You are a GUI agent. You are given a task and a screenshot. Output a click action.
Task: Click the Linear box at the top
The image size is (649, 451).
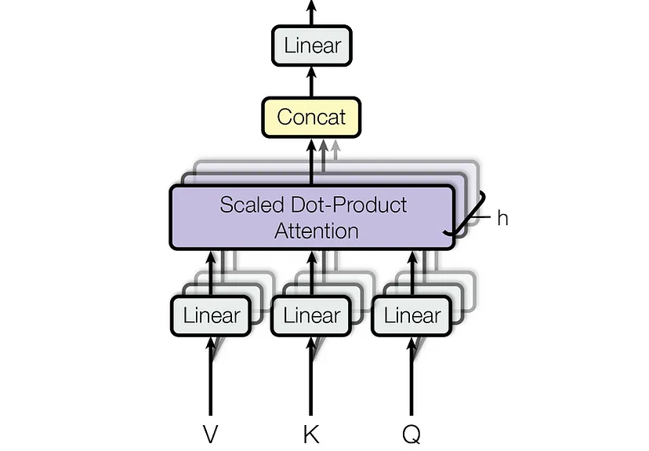click(311, 45)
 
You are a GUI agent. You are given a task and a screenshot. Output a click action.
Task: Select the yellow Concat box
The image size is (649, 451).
click(311, 118)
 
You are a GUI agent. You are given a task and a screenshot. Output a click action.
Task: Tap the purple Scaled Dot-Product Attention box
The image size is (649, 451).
click(311, 217)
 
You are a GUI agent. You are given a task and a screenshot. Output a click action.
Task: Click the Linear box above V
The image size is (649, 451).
click(211, 315)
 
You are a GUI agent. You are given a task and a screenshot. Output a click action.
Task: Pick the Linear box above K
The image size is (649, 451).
click(311, 315)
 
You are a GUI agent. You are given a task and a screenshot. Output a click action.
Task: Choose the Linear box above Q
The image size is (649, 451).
click(412, 315)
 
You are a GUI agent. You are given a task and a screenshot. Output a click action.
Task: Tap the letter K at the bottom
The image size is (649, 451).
click(311, 434)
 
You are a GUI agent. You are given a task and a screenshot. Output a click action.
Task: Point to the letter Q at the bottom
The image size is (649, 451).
click(412, 434)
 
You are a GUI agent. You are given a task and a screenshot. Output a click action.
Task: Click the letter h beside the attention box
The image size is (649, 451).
click(502, 218)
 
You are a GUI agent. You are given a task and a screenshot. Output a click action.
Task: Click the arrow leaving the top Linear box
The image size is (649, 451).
click(311, 13)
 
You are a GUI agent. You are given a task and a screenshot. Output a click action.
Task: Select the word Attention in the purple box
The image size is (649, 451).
click(316, 231)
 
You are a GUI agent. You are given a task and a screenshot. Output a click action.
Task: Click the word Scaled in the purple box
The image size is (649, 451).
click(248, 205)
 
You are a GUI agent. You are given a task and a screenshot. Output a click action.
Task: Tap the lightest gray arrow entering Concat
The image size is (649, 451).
click(336, 149)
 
